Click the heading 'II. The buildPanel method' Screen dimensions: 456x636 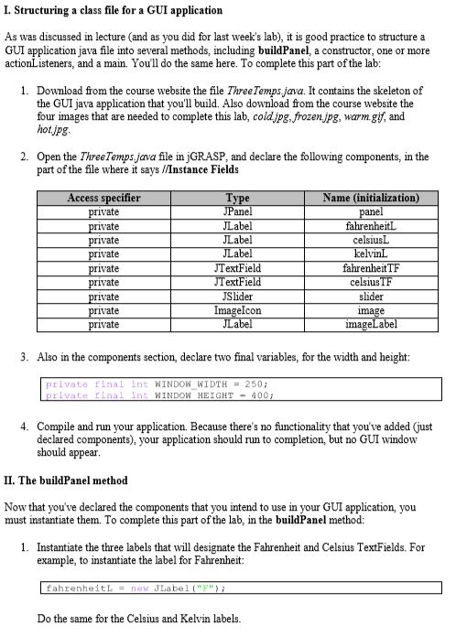66,480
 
